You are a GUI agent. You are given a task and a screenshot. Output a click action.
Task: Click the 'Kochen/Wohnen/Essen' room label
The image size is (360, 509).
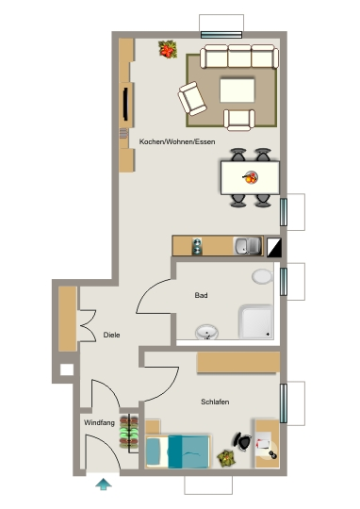pyautogui.click(x=177, y=141)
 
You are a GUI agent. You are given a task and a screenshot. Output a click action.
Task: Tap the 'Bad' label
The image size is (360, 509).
pyautogui.click(x=201, y=295)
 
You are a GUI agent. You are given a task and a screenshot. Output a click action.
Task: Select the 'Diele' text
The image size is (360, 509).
pyautogui.click(x=111, y=335)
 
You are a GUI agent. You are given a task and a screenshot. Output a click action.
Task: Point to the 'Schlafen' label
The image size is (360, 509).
pyautogui.click(x=215, y=402)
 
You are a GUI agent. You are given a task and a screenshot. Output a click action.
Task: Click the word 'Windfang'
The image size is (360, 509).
pyautogui.click(x=99, y=422)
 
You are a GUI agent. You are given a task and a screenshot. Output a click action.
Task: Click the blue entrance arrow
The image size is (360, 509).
pyautogui.click(x=104, y=484)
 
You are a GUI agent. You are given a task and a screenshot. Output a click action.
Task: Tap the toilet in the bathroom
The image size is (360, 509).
pyautogui.click(x=262, y=276)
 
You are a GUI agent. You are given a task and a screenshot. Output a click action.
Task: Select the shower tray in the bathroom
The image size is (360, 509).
pyautogui.click(x=255, y=321)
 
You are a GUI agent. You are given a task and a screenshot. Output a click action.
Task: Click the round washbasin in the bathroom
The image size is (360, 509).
pyautogui.click(x=206, y=332)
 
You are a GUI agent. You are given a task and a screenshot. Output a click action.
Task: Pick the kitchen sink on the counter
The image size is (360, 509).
pyautogui.click(x=247, y=246)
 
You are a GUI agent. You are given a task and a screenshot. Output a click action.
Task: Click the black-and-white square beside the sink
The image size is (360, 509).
pyautogui.click(x=274, y=248)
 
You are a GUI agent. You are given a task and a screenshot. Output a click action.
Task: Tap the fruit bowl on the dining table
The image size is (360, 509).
pyautogui.click(x=251, y=177)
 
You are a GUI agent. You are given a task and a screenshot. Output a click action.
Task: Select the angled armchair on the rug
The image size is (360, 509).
pyautogui.click(x=192, y=99)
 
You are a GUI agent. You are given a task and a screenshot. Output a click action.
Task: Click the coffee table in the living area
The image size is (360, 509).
pyautogui.click(x=237, y=90)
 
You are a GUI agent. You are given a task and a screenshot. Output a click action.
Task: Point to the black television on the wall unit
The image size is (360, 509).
pyautogui.click(x=125, y=104)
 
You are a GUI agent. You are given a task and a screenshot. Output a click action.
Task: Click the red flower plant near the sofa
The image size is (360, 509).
pyautogui.click(x=168, y=49)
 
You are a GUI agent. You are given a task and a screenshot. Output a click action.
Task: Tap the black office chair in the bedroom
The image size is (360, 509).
pyautogui.click(x=242, y=441)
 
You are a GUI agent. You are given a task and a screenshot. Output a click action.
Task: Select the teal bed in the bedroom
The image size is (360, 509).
pyautogui.click(x=177, y=452)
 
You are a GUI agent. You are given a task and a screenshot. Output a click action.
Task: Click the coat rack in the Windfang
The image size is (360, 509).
pyautogui.click(x=129, y=434)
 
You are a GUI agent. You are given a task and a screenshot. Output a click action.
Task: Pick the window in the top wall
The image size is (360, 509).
pyautogui.click(x=221, y=35)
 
